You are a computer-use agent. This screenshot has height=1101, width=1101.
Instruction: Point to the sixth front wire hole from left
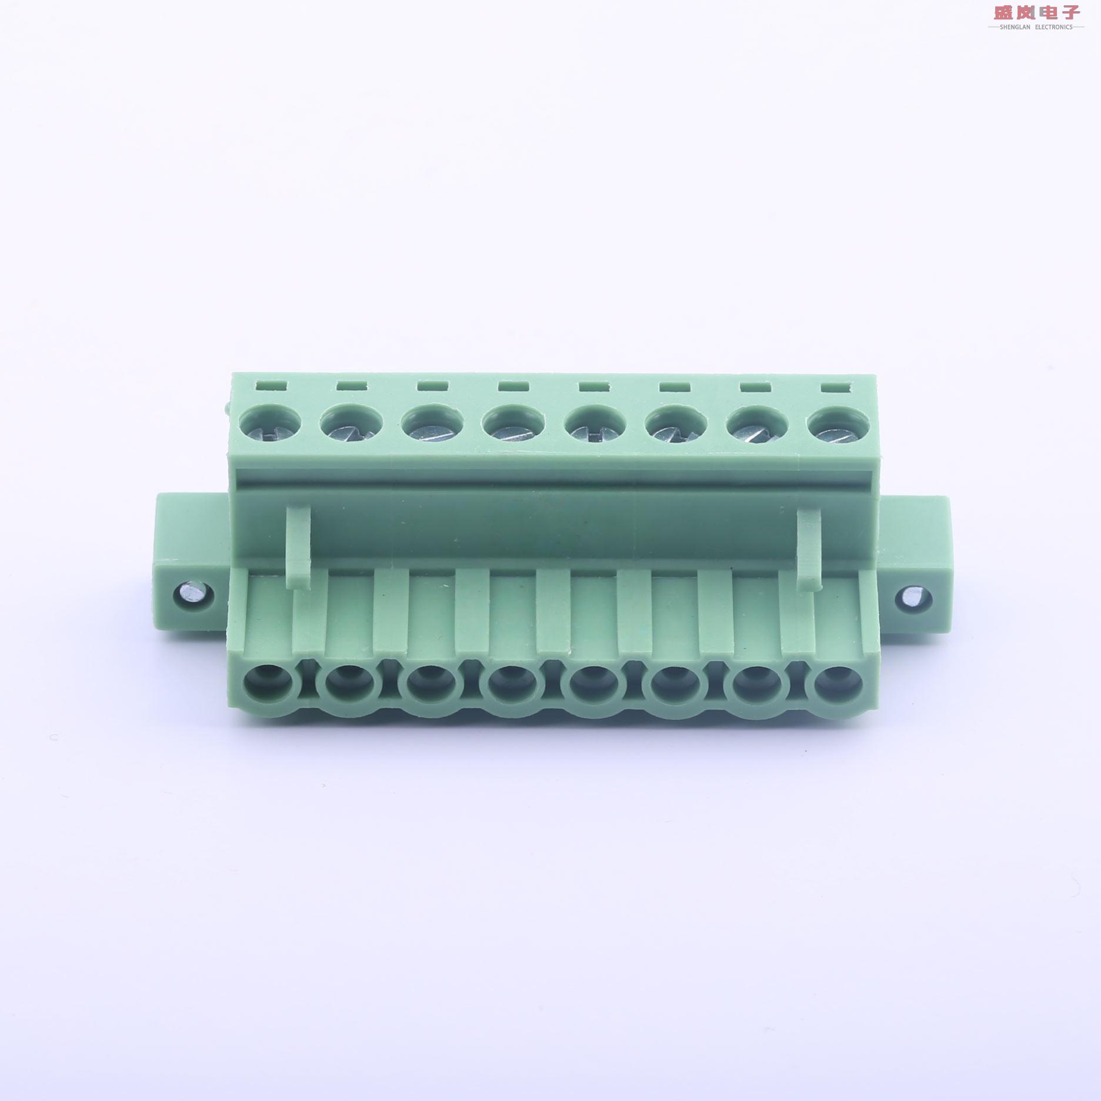click(671, 685)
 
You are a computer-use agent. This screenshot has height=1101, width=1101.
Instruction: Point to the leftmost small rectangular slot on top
click(271, 385)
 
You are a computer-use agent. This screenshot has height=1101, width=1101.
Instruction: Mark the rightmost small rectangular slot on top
click(836, 388)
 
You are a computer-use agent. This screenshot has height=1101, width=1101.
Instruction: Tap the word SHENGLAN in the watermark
click(1015, 27)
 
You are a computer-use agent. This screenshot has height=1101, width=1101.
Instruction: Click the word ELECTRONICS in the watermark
click(1053, 27)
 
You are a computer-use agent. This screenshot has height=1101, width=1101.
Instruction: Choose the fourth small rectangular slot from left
click(513, 386)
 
